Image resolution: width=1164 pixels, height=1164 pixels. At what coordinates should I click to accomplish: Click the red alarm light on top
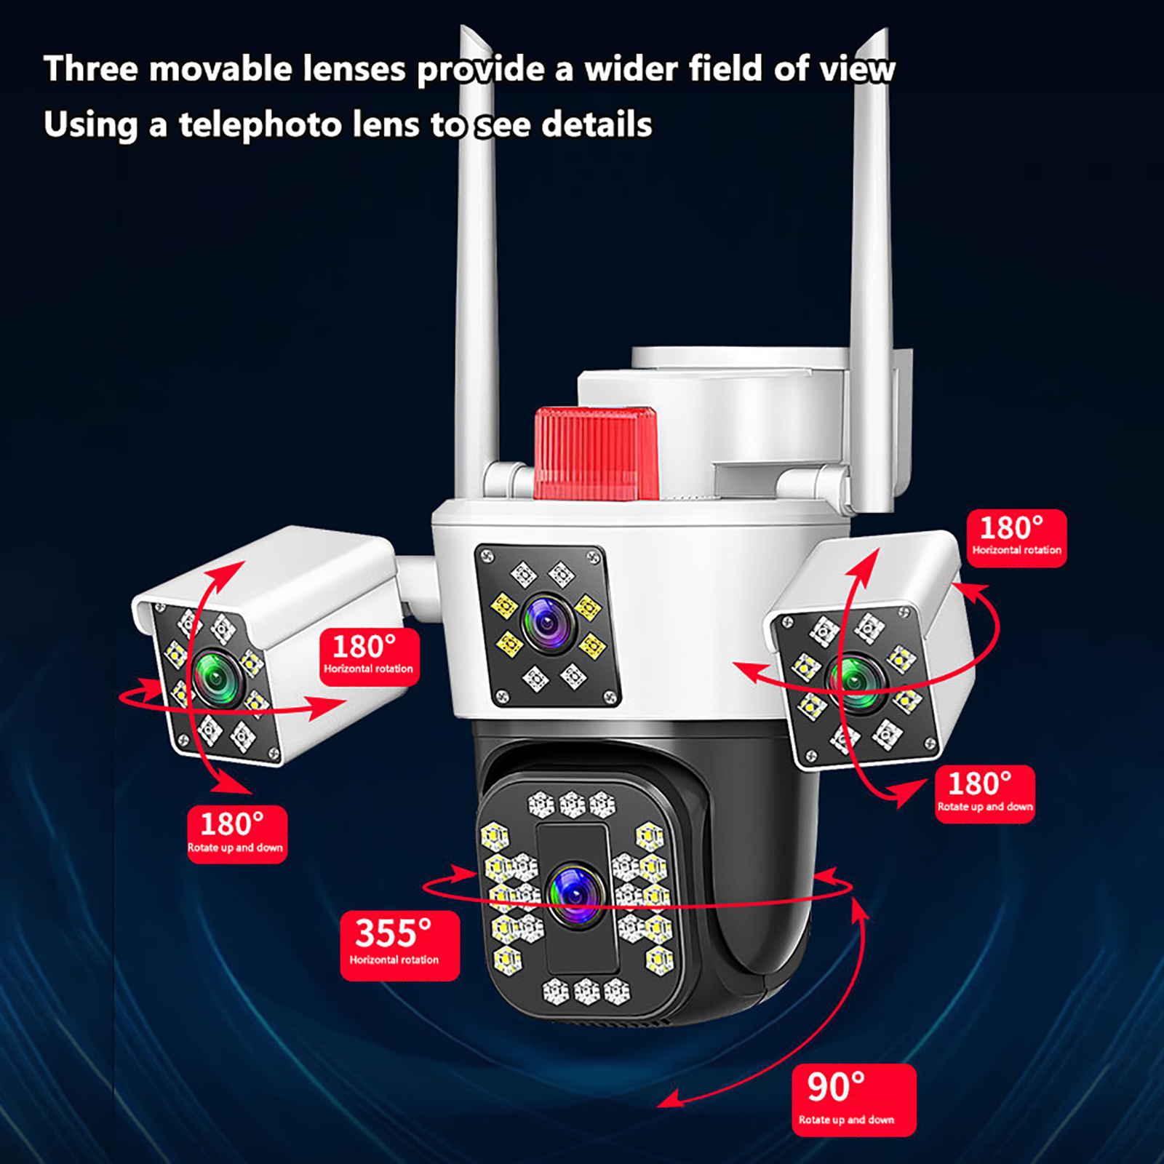[595, 454]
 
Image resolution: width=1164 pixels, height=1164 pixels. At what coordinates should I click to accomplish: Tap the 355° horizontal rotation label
[399, 945]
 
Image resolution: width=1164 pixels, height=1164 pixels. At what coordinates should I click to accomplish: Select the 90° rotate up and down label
[853, 1099]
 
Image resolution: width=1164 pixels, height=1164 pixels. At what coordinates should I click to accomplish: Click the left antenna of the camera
[477, 262]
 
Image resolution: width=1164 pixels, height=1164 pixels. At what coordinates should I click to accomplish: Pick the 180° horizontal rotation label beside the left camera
[370, 657]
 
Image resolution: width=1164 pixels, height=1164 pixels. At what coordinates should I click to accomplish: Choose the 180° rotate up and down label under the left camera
[237, 834]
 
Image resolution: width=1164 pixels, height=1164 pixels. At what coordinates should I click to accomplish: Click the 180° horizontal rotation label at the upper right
[1017, 538]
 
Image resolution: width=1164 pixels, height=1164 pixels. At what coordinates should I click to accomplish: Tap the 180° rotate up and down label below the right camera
[985, 794]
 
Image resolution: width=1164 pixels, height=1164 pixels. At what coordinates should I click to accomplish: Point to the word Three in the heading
[91, 69]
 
